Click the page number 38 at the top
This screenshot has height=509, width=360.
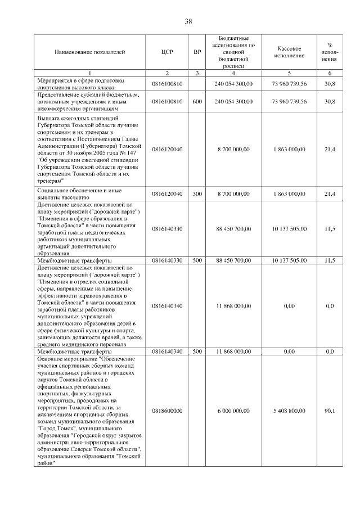[188, 21]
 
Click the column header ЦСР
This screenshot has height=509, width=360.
[167, 52]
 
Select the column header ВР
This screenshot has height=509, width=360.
[197, 52]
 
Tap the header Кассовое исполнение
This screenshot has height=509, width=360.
[290, 52]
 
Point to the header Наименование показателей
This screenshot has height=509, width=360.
[90, 52]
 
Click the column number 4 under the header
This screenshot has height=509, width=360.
[233, 74]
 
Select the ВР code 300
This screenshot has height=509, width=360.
[197, 194]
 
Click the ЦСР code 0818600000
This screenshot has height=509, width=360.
[167, 411]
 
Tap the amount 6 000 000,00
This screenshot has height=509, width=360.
[233, 411]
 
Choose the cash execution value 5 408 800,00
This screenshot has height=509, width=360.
[290, 411]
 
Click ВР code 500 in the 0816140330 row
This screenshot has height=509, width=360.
[197, 260]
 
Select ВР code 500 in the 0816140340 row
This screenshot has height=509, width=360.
[197, 351]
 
